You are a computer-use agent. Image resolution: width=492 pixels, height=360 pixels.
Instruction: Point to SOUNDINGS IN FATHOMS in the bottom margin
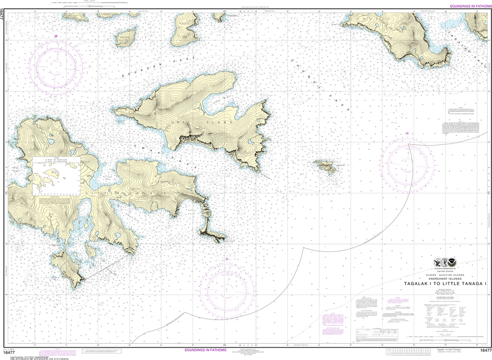(205, 350)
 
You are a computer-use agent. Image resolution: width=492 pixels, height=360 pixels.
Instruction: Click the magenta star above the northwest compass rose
(56, 36)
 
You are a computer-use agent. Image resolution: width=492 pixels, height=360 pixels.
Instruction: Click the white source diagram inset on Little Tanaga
(56, 175)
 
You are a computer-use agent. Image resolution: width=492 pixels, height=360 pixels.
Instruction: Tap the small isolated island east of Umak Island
(326, 167)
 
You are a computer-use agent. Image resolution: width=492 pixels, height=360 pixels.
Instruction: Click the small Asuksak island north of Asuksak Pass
(126, 38)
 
